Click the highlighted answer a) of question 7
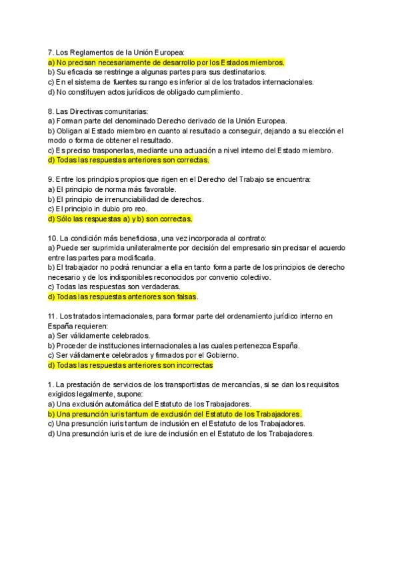167,62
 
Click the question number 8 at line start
51,111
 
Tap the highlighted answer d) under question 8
129,160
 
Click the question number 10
53,238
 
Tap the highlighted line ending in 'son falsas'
123,296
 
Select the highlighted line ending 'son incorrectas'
130,365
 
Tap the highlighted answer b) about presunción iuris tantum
175,414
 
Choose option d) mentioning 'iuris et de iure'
180,433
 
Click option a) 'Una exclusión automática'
149,404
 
